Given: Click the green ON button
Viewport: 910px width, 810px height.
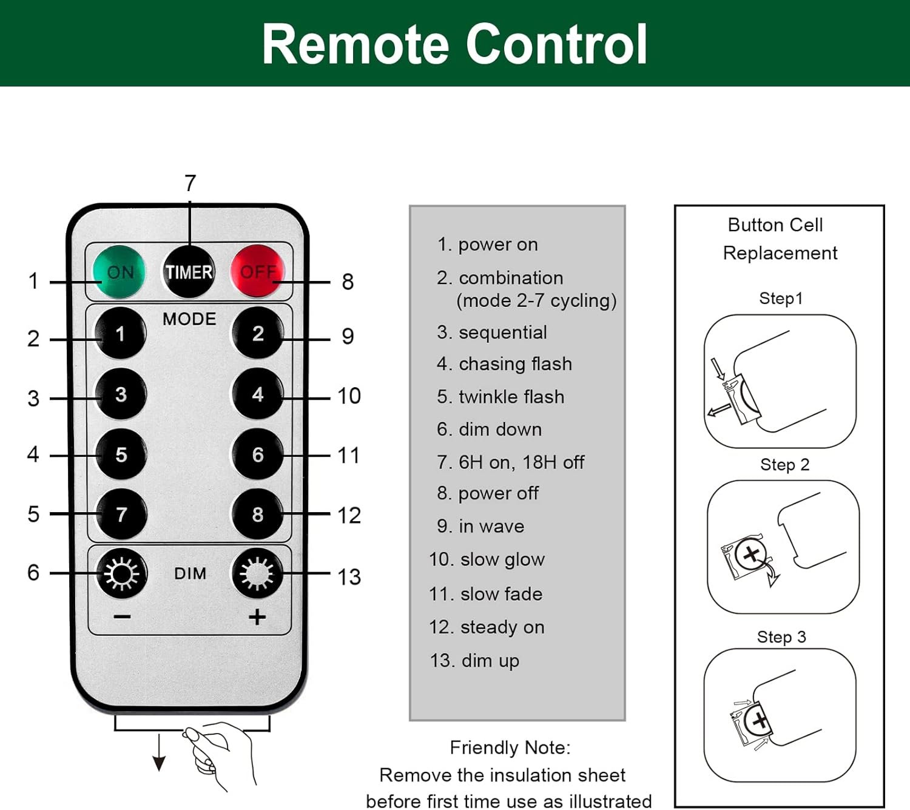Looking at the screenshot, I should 119,272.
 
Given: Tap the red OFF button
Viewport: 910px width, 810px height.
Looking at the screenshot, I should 257,271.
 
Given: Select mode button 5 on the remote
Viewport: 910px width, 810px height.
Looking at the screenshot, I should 121,454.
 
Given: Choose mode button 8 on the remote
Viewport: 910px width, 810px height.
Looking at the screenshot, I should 258,515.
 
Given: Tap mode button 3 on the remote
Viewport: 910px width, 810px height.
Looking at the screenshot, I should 121,394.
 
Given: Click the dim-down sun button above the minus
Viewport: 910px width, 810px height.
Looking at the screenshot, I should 121,573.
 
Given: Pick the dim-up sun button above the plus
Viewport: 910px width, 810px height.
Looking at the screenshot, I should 258,573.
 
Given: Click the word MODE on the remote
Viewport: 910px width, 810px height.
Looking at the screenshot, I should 189,319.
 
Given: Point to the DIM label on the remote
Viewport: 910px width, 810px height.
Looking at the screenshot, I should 190,573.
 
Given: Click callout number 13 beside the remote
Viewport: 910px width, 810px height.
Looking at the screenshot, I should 349,577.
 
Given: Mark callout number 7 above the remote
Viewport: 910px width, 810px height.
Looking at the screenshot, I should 190,183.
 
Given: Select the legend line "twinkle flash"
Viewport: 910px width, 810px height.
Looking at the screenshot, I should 500,397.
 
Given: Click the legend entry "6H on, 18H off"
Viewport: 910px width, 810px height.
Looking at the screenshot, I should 510,462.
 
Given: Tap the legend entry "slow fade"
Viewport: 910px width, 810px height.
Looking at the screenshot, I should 485,594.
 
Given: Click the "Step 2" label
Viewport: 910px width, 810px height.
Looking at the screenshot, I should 784,465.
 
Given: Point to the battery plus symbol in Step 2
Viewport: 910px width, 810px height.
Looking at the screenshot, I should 751,554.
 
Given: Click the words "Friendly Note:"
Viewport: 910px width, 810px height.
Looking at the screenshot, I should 510,748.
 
